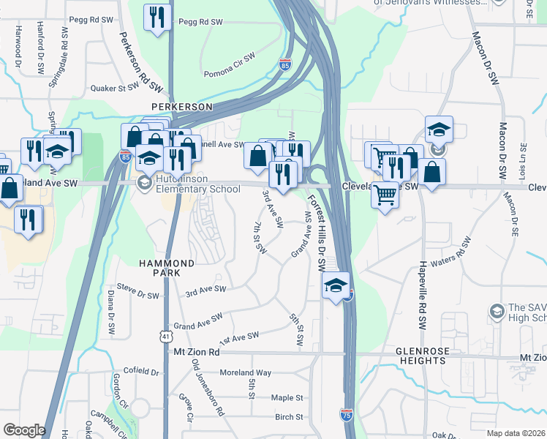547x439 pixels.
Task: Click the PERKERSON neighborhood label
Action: (x=181, y=107)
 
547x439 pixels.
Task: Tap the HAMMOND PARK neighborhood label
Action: (x=167, y=267)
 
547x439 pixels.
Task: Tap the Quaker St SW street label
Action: (x=114, y=87)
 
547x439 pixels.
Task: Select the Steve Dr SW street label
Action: (x=137, y=296)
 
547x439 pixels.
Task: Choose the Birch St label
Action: (x=289, y=417)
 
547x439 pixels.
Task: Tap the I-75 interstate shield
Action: (x=347, y=415)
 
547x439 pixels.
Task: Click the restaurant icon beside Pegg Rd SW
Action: (x=157, y=18)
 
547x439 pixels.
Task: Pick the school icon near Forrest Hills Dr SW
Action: (x=336, y=285)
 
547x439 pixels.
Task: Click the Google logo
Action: (x=24, y=430)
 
